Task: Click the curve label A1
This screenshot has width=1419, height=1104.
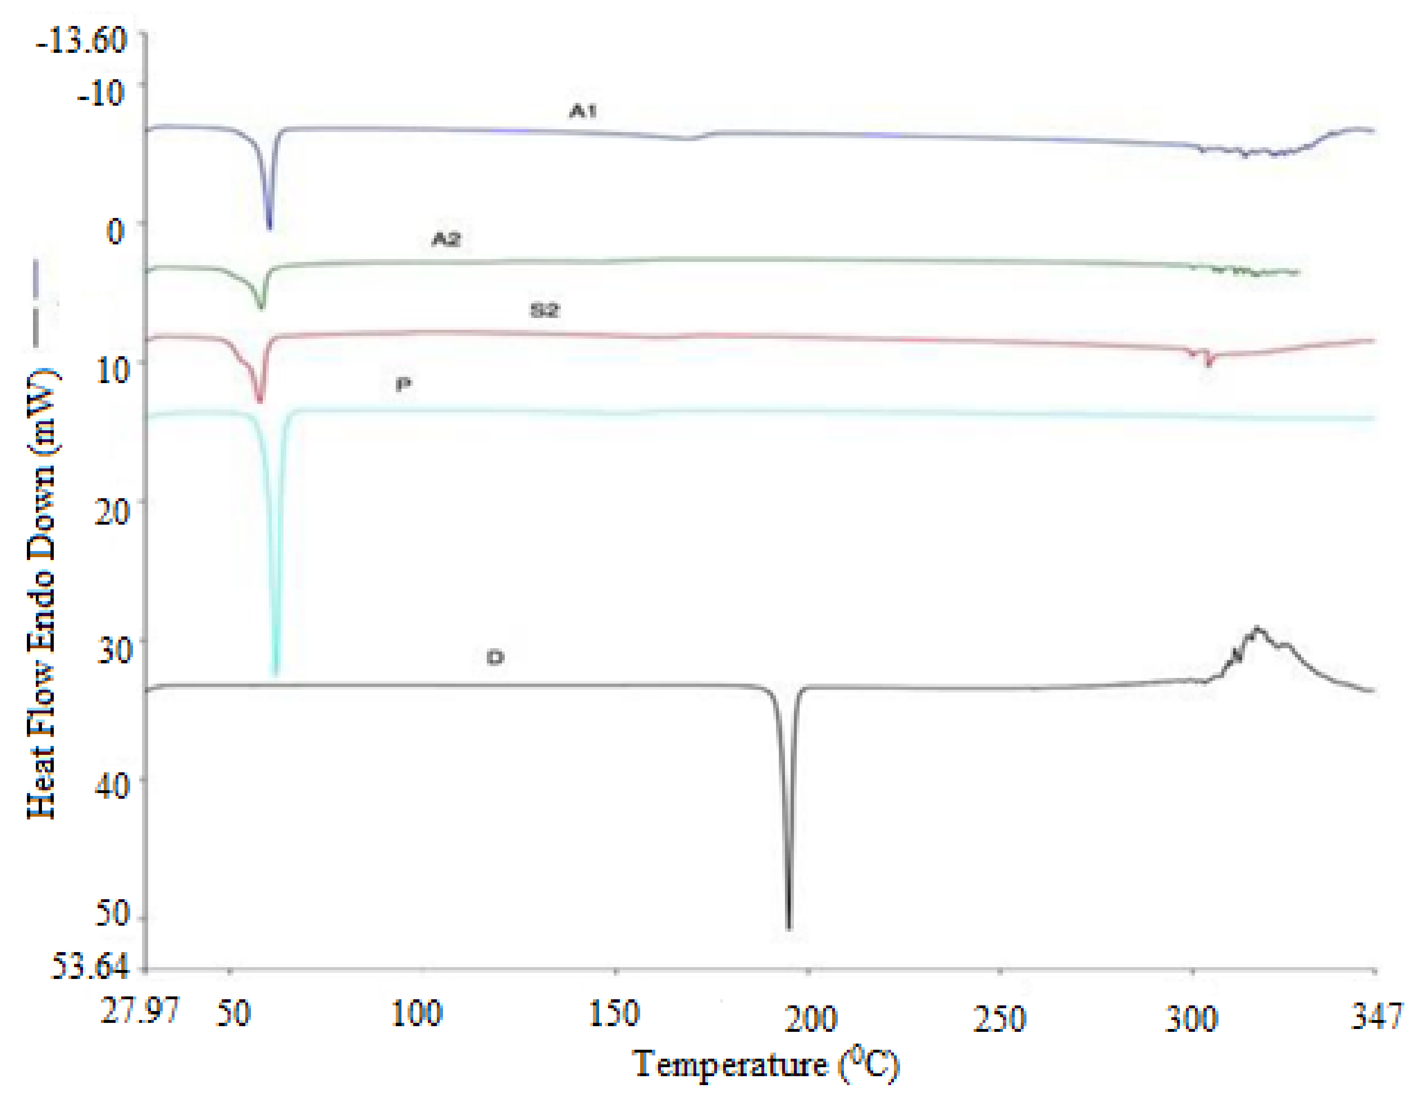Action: pos(582,111)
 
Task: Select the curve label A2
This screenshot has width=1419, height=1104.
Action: pos(446,239)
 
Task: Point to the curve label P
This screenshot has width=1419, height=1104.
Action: pos(403,384)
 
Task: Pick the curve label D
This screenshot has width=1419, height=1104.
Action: pos(495,658)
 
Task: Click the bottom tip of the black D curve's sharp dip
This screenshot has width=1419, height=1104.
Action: pos(789,928)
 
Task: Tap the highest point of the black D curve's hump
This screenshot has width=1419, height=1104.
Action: pos(1257,628)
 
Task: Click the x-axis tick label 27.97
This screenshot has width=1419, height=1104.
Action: pos(140,1011)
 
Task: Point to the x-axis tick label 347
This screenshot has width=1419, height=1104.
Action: pos(1376,1016)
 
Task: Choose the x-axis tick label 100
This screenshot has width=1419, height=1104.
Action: pos(417,1014)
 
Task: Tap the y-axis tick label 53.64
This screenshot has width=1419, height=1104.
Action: pos(90,967)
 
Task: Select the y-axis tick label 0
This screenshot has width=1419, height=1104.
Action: pos(115,230)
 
